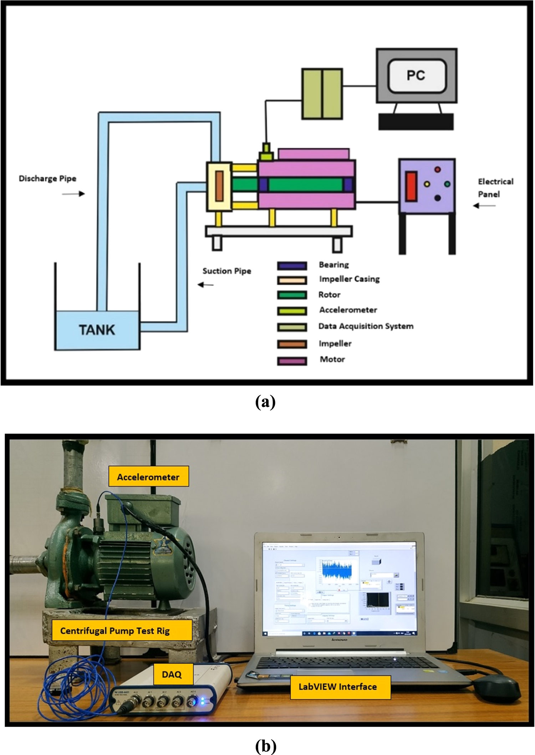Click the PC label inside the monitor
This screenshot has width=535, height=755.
(x=416, y=75)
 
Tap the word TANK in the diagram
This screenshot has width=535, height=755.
(x=97, y=330)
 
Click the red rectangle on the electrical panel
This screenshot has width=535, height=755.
(x=411, y=187)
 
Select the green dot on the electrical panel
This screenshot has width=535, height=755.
(x=447, y=184)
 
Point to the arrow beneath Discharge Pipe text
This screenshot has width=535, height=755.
(x=73, y=194)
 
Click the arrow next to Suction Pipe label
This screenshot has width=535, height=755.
(x=206, y=285)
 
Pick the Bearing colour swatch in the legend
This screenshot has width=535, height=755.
(x=292, y=265)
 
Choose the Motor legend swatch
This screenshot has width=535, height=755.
(x=292, y=361)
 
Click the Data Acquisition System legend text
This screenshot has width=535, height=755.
(x=366, y=326)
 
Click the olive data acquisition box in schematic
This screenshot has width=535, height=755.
(x=322, y=94)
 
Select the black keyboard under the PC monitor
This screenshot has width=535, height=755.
(x=416, y=122)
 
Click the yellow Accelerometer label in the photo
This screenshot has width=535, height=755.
(x=148, y=477)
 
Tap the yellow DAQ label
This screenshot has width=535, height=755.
(x=172, y=674)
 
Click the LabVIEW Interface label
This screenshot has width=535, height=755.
(x=337, y=687)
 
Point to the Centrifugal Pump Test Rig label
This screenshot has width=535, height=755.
(x=115, y=631)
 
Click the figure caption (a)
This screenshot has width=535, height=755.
(x=265, y=402)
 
